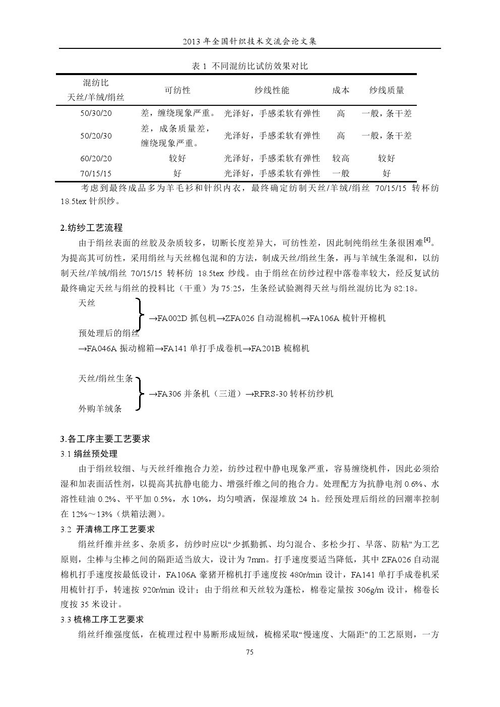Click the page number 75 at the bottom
pyautogui.click(x=249, y=652)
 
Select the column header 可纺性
pyautogui.click(x=177, y=90)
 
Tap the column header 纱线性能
pyautogui.click(x=272, y=90)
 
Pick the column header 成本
pyautogui.click(x=341, y=90)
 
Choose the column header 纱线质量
pyautogui.click(x=387, y=90)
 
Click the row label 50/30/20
pyautogui.click(x=96, y=113)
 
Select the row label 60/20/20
pyautogui.click(x=96, y=158)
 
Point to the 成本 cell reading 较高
pyautogui.click(x=341, y=158)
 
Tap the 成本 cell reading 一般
pyautogui.click(x=341, y=173)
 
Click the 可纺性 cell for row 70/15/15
pyautogui.click(x=177, y=173)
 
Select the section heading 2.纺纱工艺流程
pyautogui.click(x=91, y=228)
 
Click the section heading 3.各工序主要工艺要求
pyautogui.click(x=105, y=438)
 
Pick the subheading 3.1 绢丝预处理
pyautogui.click(x=89, y=454)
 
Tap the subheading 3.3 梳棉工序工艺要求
pyautogui.click(x=102, y=619)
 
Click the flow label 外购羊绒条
pyautogui.click(x=100, y=409)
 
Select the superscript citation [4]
pyautogui.click(x=427, y=240)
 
